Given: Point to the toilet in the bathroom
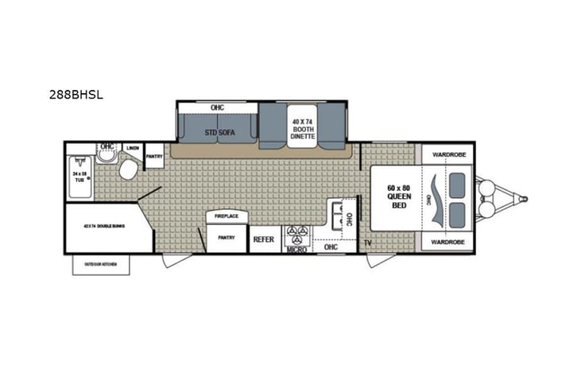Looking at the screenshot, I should tap(128, 169).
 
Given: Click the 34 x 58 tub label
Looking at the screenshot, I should tap(79, 176).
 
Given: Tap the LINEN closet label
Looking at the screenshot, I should tap(133, 148).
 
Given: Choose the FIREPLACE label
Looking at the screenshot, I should tap(227, 216).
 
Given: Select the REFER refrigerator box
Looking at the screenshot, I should tap(264, 239).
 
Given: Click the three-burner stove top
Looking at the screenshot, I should tap(299, 234).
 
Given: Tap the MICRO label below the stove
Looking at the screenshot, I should tap(297, 249).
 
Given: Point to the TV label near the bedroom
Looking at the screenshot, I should tap(368, 242).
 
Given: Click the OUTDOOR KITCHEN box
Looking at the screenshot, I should tap(101, 265).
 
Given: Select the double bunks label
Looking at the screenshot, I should tap(107, 227).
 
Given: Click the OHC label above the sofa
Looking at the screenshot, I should tap(217, 107).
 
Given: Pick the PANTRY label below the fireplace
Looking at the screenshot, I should tap(227, 237).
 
